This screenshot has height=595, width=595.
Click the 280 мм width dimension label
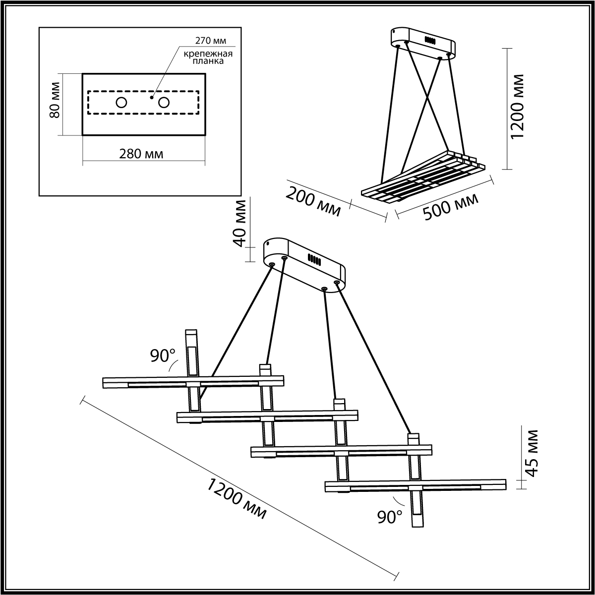coord(141,154)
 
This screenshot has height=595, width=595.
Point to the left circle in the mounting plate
coord(121,103)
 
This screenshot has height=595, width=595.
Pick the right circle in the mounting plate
coord(164,103)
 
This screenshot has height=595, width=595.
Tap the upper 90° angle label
coord(163,356)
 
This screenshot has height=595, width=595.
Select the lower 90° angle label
coord(390,517)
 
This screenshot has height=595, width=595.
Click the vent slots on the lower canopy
coord(313,259)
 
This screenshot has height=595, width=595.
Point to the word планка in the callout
coord(208,62)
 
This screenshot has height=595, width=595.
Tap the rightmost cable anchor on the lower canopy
coord(337,283)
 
